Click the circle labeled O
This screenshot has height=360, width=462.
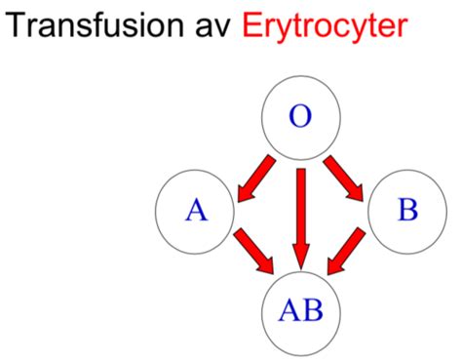pos(301,118)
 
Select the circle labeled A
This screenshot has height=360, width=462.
pos(196,209)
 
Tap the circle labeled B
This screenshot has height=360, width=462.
pos(406,209)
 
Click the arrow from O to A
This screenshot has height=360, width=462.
pos(254,175)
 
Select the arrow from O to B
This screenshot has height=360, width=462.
pos(348,175)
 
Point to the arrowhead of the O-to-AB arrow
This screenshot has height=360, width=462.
pos(301,255)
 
